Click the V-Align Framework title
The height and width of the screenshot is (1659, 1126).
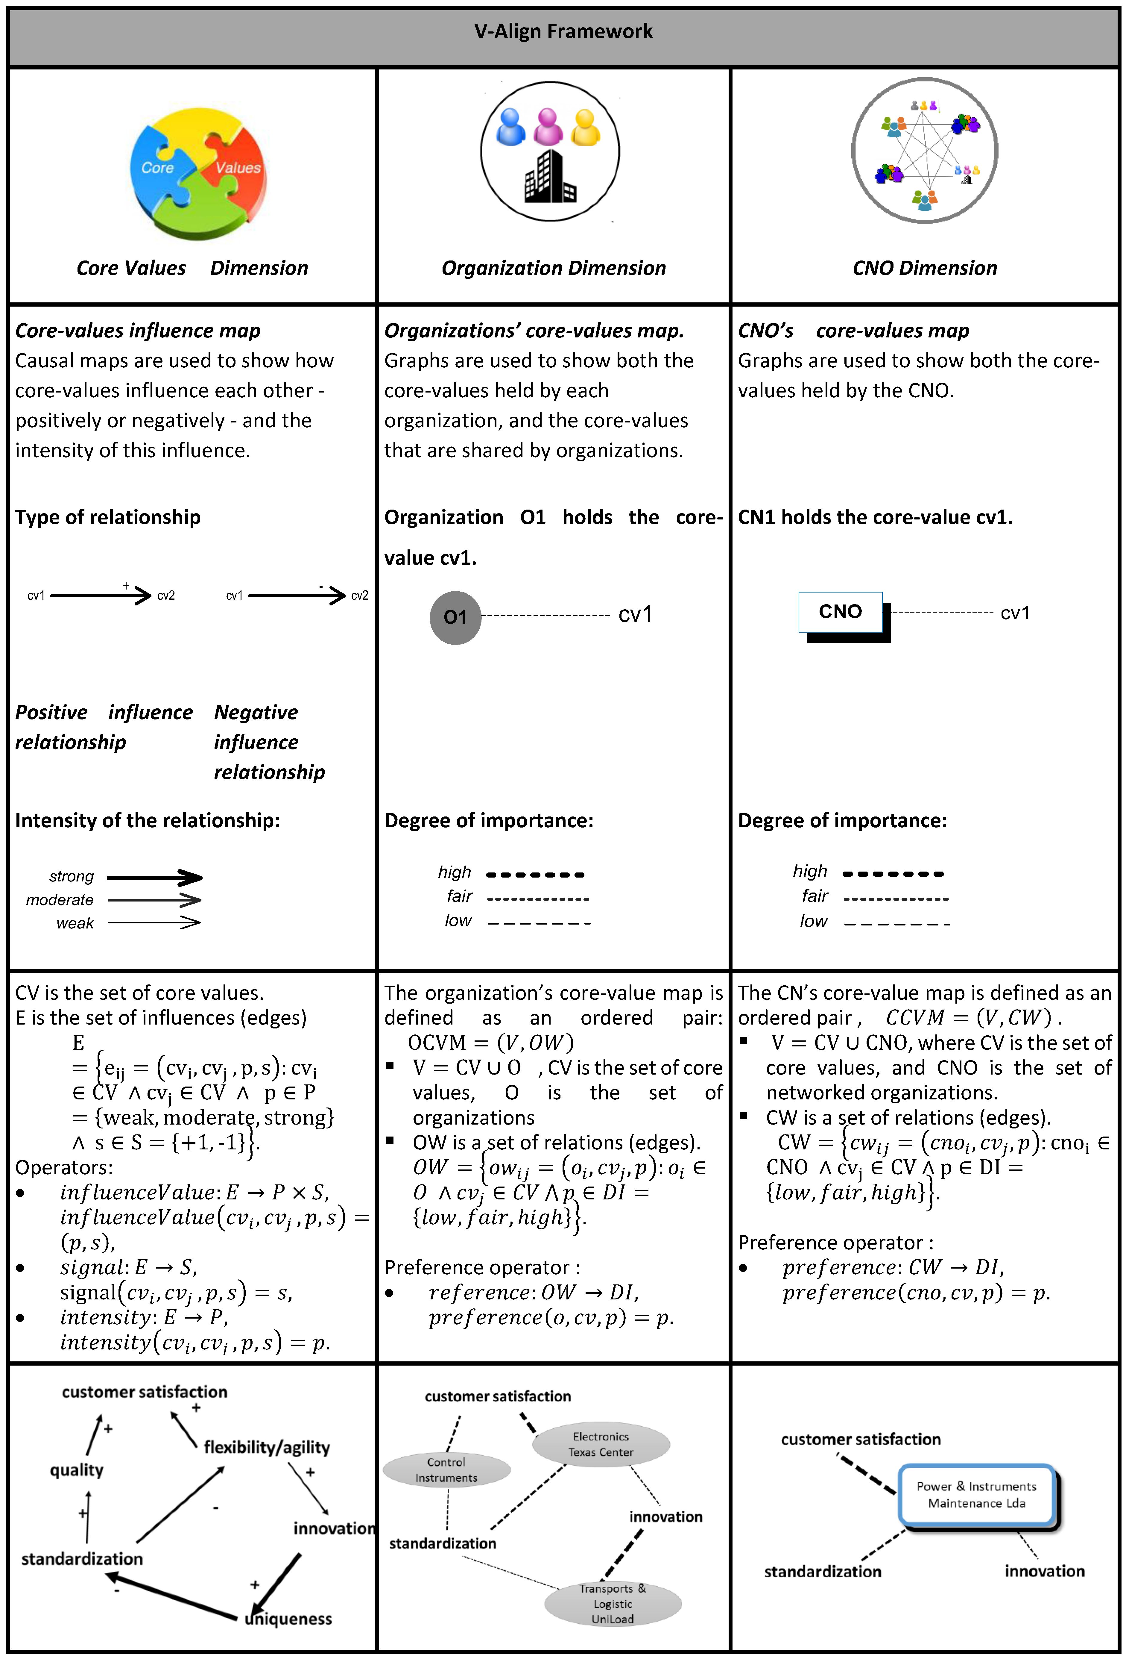(x=563, y=31)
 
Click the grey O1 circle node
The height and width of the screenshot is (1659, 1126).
(x=455, y=617)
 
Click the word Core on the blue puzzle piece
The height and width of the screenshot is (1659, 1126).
(x=158, y=168)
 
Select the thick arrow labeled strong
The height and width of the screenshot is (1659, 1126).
(x=155, y=877)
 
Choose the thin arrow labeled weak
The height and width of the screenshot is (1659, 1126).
(x=155, y=923)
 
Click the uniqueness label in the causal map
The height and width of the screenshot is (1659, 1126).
(x=288, y=1619)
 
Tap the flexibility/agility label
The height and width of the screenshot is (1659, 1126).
(x=267, y=1447)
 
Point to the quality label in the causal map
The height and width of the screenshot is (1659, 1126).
(x=76, y=1470)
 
